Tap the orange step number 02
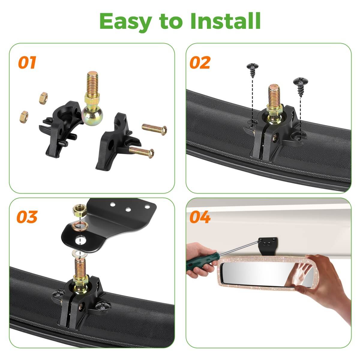[200, 63]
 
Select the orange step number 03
[27, 217]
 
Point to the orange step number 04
[200, 217]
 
